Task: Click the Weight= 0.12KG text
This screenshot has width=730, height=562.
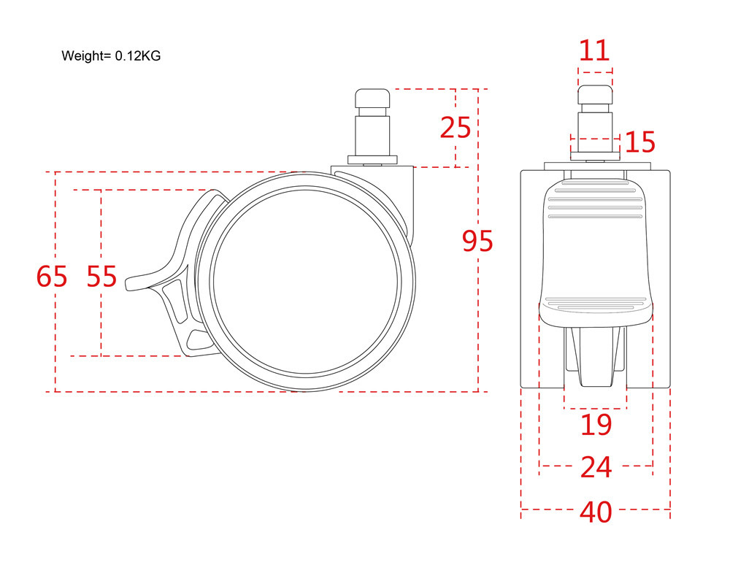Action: click(111, 56)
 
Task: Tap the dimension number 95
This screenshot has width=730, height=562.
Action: click(477, 241)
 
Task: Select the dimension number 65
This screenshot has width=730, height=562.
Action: click(52, 276)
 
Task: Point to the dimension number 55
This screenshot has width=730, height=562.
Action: click(101, 276)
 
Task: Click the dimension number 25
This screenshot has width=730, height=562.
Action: click(456, 127)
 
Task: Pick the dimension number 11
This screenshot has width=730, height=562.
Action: click(594, 50)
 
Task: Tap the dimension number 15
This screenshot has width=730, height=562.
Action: click(640, 142)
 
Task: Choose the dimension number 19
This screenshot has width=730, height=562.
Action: click(596, 425)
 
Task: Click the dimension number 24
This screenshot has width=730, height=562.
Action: click(596, 467)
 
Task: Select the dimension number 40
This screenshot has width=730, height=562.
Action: click(596, 512)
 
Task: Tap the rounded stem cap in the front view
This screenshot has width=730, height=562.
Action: click(595, 95)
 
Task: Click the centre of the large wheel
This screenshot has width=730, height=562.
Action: click(305, 282)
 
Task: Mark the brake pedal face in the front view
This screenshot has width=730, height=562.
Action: click(596, 251)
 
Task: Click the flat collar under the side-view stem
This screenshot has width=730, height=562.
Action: click(372, 160)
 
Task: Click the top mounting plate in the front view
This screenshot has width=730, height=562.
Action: click(597, 166)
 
